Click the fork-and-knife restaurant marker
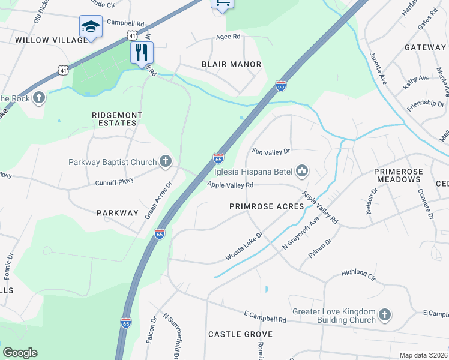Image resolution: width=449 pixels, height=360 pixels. click(x=142, y=52)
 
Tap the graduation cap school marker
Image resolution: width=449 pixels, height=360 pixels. click(x=90, y=26)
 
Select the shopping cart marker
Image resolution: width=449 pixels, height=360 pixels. click(x=221, y=4)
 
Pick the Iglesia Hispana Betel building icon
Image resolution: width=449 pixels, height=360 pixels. click(x=302, y=172)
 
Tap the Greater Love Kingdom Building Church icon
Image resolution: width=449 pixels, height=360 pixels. click(x=384, y=315)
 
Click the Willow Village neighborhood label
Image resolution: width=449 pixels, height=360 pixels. click(x=51, y=40)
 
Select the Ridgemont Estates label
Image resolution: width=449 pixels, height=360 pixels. click(x=115, y=119)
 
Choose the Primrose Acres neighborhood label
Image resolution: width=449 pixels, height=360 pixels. click(x=267, y=206)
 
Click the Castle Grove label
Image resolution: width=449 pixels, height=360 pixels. click(x=240, y=334)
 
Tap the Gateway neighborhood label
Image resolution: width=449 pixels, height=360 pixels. click(x=425, y=47)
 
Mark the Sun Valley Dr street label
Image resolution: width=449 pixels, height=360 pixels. click(x=271, y=151)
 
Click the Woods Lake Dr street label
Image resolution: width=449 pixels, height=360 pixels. click(x=244, y=247)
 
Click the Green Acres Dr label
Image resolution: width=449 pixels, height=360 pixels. click(x=158, y=200)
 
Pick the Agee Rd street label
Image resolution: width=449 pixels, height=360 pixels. click(x=228, y=37)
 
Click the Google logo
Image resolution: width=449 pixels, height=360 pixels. click(x=20, y=353)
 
